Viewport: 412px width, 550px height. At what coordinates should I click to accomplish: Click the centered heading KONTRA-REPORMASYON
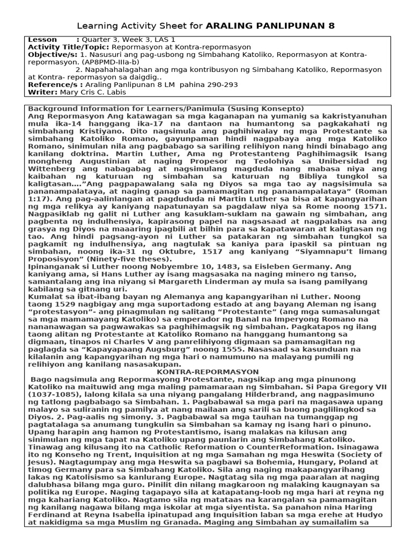[x=208, y=372]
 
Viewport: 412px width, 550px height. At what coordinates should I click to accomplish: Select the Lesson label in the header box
[x=42, y=40]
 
